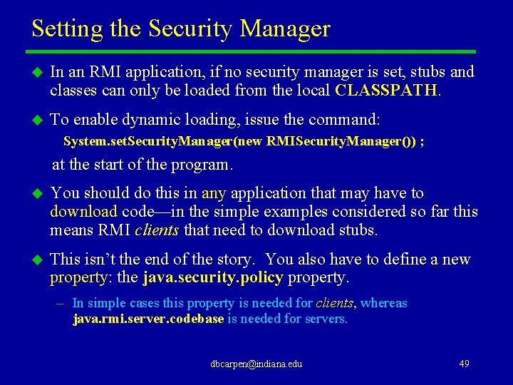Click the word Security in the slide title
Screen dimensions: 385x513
click(x=192, y=29)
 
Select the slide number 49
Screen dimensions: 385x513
click(x=464, y=364)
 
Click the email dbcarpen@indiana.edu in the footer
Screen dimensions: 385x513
click(x=256, y=364)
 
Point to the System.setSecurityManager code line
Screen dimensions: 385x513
click(x=244, y=141)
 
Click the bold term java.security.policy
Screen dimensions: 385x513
click(x=213, y=277)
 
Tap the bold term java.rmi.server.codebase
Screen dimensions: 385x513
click(x=148, y=319)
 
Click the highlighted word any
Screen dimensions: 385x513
click(x=214, y=192)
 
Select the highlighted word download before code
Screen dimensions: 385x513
click(x=83, y=211)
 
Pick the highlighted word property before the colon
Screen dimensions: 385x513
click(x=78, y=277)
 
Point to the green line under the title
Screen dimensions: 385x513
click(x=250, y=52)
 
